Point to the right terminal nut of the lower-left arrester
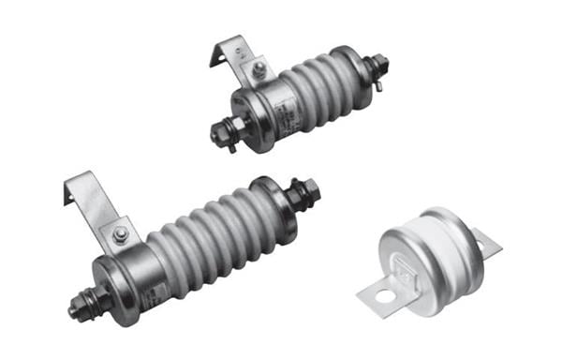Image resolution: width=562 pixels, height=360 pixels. point(306,194)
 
